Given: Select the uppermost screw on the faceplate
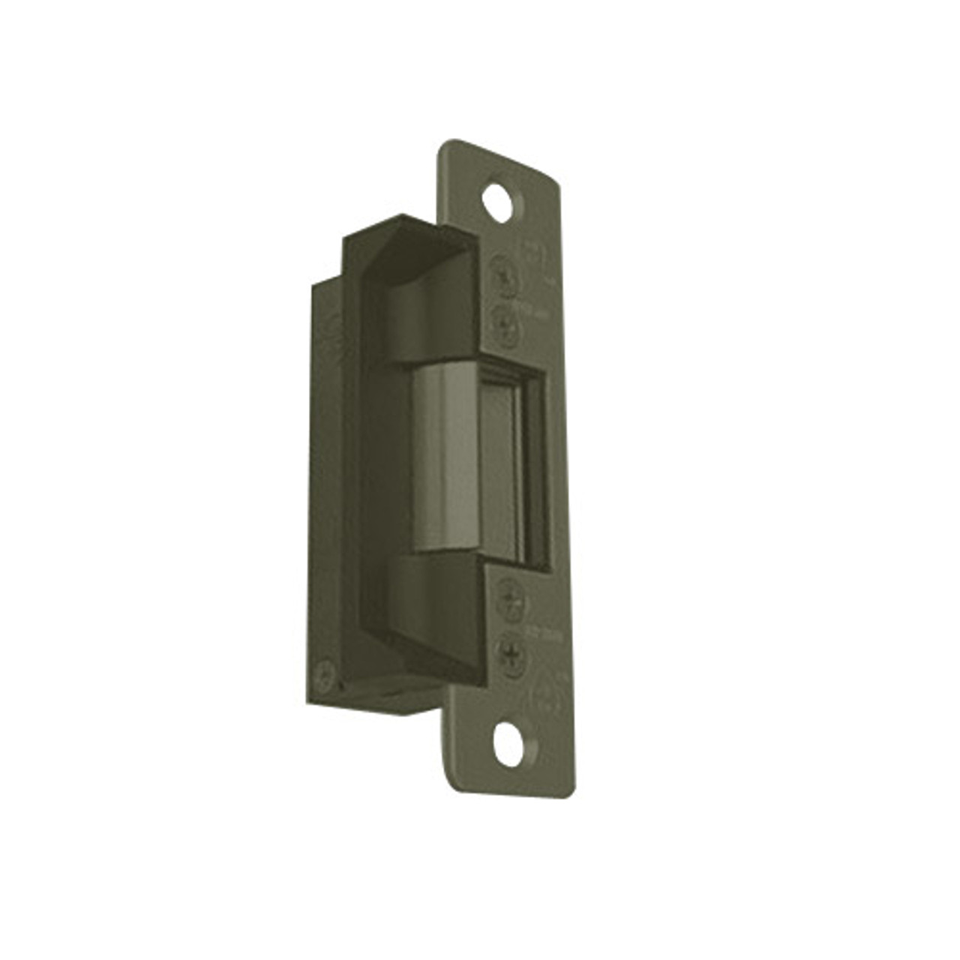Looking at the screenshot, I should coord(504,274).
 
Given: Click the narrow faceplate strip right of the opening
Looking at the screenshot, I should coord(559,465).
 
